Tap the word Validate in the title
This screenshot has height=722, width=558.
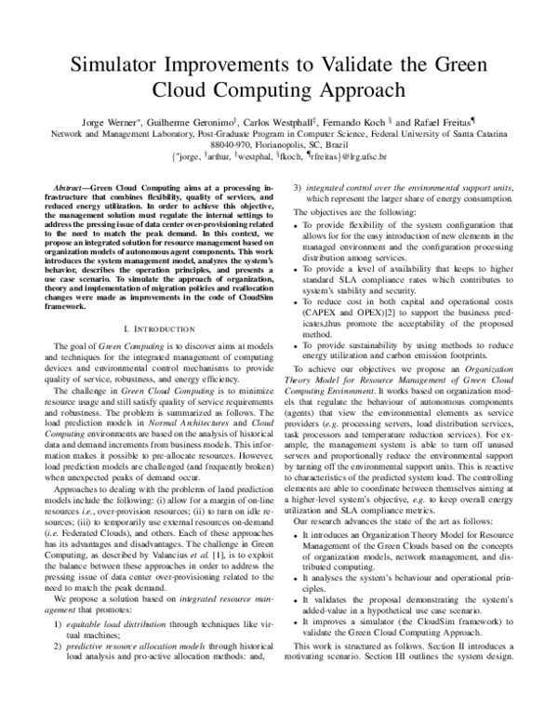pyautogui.click(x=363, y=63)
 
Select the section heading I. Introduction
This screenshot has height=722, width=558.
pyautogui.click(x=162, y=302)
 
